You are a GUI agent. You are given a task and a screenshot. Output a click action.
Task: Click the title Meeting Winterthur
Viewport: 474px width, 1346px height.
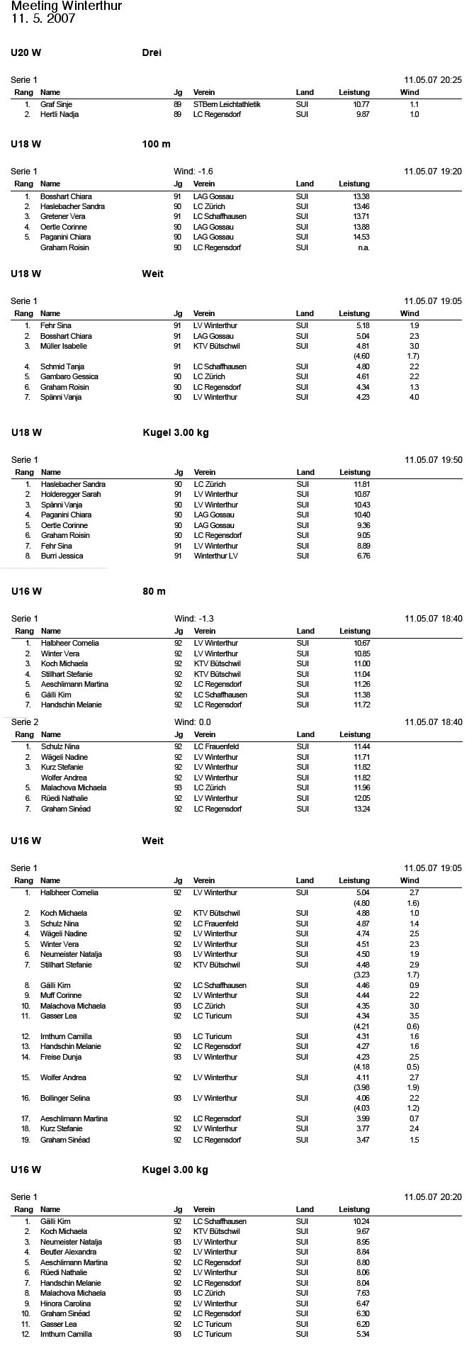pyautogui.click(x=67, y=6)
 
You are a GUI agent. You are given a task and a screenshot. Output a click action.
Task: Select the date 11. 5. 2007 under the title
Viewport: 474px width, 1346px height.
pyautogui.click(x=43, y=19)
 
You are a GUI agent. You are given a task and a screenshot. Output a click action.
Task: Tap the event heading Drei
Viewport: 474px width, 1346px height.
pyautogui.click(x=152, y=52)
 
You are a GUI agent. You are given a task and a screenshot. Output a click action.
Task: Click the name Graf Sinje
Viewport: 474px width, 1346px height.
pyautogui.click(x=56, y=104)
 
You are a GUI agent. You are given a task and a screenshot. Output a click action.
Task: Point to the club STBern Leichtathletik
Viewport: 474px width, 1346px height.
pyautogui.click(x=227, y=104)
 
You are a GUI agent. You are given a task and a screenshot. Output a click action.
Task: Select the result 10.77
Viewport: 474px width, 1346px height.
pyautogui.click(x=361, y=104)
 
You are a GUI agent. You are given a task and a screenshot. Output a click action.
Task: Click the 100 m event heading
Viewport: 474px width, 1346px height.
pyautogui.click(x=156, y=144)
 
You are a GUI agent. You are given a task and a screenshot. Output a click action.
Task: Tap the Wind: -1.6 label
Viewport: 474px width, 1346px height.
pyautogui.click(x=193, y=172)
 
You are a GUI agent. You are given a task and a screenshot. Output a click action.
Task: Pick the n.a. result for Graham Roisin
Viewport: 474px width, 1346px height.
pyautogui.click(x=363, y=247)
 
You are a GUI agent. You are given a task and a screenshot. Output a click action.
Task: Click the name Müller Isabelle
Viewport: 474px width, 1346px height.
pyautogui.click(x=64, y=346)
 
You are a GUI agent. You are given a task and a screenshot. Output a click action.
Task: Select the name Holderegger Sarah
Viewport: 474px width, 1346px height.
pyautogui.click(x=71, y=494)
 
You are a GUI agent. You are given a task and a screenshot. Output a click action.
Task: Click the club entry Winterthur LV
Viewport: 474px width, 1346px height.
pyautogui.click(x=216, y=556)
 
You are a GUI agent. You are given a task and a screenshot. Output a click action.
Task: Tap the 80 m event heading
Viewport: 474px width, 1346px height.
pyautogui.click(x=154, y=591)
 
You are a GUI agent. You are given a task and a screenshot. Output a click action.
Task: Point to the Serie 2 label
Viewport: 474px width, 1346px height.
pyautogui.click(x=25, y=722)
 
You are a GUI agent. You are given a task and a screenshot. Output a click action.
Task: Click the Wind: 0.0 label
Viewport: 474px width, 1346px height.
pyautogui.click(x=193, y=722)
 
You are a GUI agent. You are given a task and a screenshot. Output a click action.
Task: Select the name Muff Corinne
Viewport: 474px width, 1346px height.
pyautogui.click(x=61, y=995)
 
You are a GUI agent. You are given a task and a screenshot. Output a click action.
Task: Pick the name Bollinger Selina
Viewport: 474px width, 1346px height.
pyautogui.click(x=66, y=1098)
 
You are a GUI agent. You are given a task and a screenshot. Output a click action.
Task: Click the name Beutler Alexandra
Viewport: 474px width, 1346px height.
pyautogui.click(x=69, y=1252)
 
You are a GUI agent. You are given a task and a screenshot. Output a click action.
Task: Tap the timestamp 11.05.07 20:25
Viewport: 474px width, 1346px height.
pyautogui.click(x=433, y=80)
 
